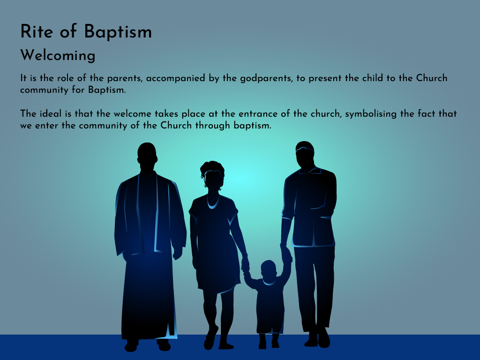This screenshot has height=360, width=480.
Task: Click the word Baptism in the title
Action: (x=118, y=32)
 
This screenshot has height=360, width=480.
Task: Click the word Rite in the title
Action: (x=37, y=31)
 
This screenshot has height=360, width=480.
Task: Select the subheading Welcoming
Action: (x=58, y=56)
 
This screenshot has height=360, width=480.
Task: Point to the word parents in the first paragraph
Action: (x=125, y=79)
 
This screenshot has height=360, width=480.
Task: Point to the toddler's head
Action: (x=269, y=271)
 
